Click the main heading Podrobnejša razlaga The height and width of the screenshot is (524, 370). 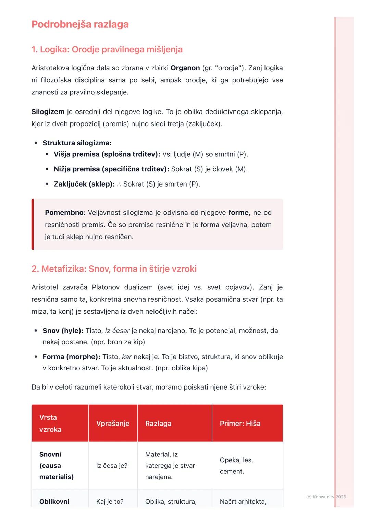click(80, 24)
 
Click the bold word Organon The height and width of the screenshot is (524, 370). click(185, 68)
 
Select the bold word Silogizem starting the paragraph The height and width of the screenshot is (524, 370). click(48, 112)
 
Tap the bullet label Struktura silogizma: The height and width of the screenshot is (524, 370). click(77, 143)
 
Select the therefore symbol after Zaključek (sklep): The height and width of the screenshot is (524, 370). click(119, 184)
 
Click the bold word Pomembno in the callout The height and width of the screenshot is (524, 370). click(64, 213)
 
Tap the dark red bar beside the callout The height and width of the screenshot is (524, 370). click(33, 224)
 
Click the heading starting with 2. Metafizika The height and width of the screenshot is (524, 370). click(114, 269)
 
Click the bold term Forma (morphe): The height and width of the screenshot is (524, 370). click(71, 357)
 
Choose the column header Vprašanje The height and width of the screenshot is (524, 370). click(113, 424)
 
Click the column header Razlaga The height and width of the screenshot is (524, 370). click(158, 424)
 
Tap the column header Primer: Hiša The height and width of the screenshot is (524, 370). click(240, 424)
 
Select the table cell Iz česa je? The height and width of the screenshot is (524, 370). click(112, 466)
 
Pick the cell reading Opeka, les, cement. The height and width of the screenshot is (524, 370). click(236, 466)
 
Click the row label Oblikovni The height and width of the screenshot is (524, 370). click(54, 502)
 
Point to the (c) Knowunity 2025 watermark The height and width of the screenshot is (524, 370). click(326, 497)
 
